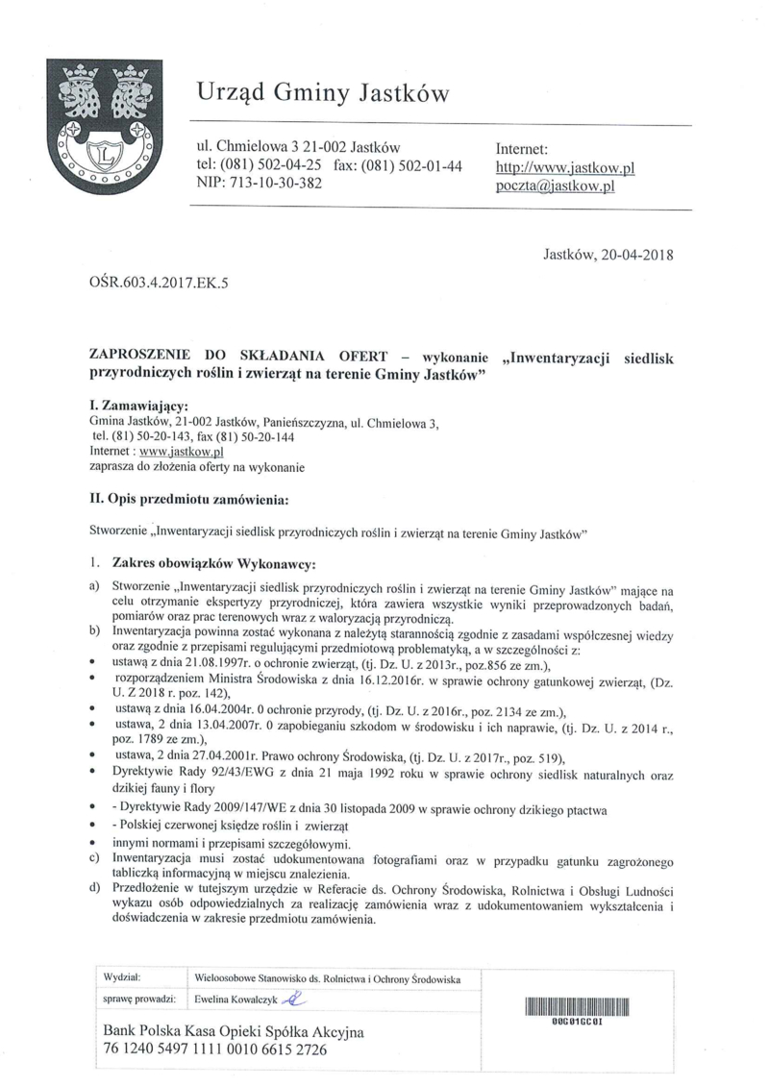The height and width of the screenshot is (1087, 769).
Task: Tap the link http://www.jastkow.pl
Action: (x=565, y=167)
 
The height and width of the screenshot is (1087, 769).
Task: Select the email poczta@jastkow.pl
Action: (x=554, y=186)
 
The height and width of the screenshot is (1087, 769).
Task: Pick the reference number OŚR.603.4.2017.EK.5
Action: (x=159, y=282)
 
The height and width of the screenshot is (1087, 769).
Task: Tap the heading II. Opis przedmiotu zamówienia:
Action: (x=187, y=499)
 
